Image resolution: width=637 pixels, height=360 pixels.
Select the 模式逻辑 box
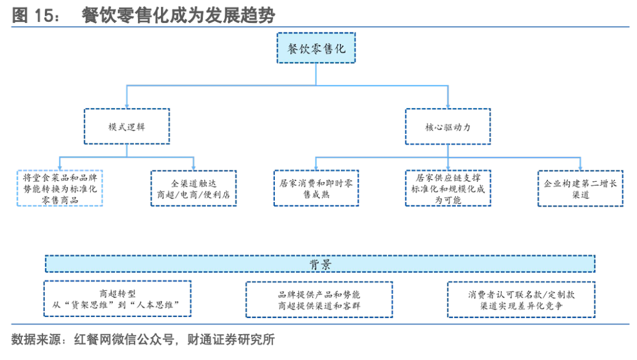[127, 127]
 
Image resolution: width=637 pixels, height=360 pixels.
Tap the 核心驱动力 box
[448, 127]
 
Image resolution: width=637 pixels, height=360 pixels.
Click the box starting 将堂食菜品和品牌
[60, 188]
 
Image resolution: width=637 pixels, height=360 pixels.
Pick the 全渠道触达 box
[193, 188]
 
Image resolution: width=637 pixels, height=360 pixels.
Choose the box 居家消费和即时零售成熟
[316, 188]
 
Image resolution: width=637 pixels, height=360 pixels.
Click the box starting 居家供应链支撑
[448, 188]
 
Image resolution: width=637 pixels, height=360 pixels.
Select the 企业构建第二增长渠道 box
[580, 188]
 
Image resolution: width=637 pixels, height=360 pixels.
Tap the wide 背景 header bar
[320, 264]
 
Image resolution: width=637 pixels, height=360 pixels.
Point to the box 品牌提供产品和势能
[320, 299]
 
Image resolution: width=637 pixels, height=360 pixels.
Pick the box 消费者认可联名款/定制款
[521, 299]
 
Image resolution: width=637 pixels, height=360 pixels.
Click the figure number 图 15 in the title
[34, 16]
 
